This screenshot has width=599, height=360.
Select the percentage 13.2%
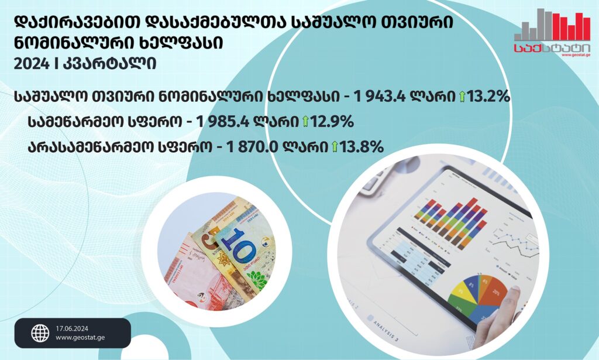488,97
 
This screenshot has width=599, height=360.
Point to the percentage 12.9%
332,122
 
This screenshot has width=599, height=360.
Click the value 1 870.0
253,147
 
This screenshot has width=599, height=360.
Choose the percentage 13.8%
362,147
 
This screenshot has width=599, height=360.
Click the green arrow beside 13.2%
462,97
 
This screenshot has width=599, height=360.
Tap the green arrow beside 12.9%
305,122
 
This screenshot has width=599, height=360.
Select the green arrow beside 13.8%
335,147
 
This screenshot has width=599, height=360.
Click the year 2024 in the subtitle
32,63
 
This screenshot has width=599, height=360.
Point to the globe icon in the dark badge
40,333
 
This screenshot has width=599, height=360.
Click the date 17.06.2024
72,328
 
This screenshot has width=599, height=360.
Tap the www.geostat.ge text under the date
80,338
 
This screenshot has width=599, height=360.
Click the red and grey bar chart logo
552,25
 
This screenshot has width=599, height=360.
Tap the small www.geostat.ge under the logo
576,55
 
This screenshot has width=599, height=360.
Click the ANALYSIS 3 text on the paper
386,330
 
